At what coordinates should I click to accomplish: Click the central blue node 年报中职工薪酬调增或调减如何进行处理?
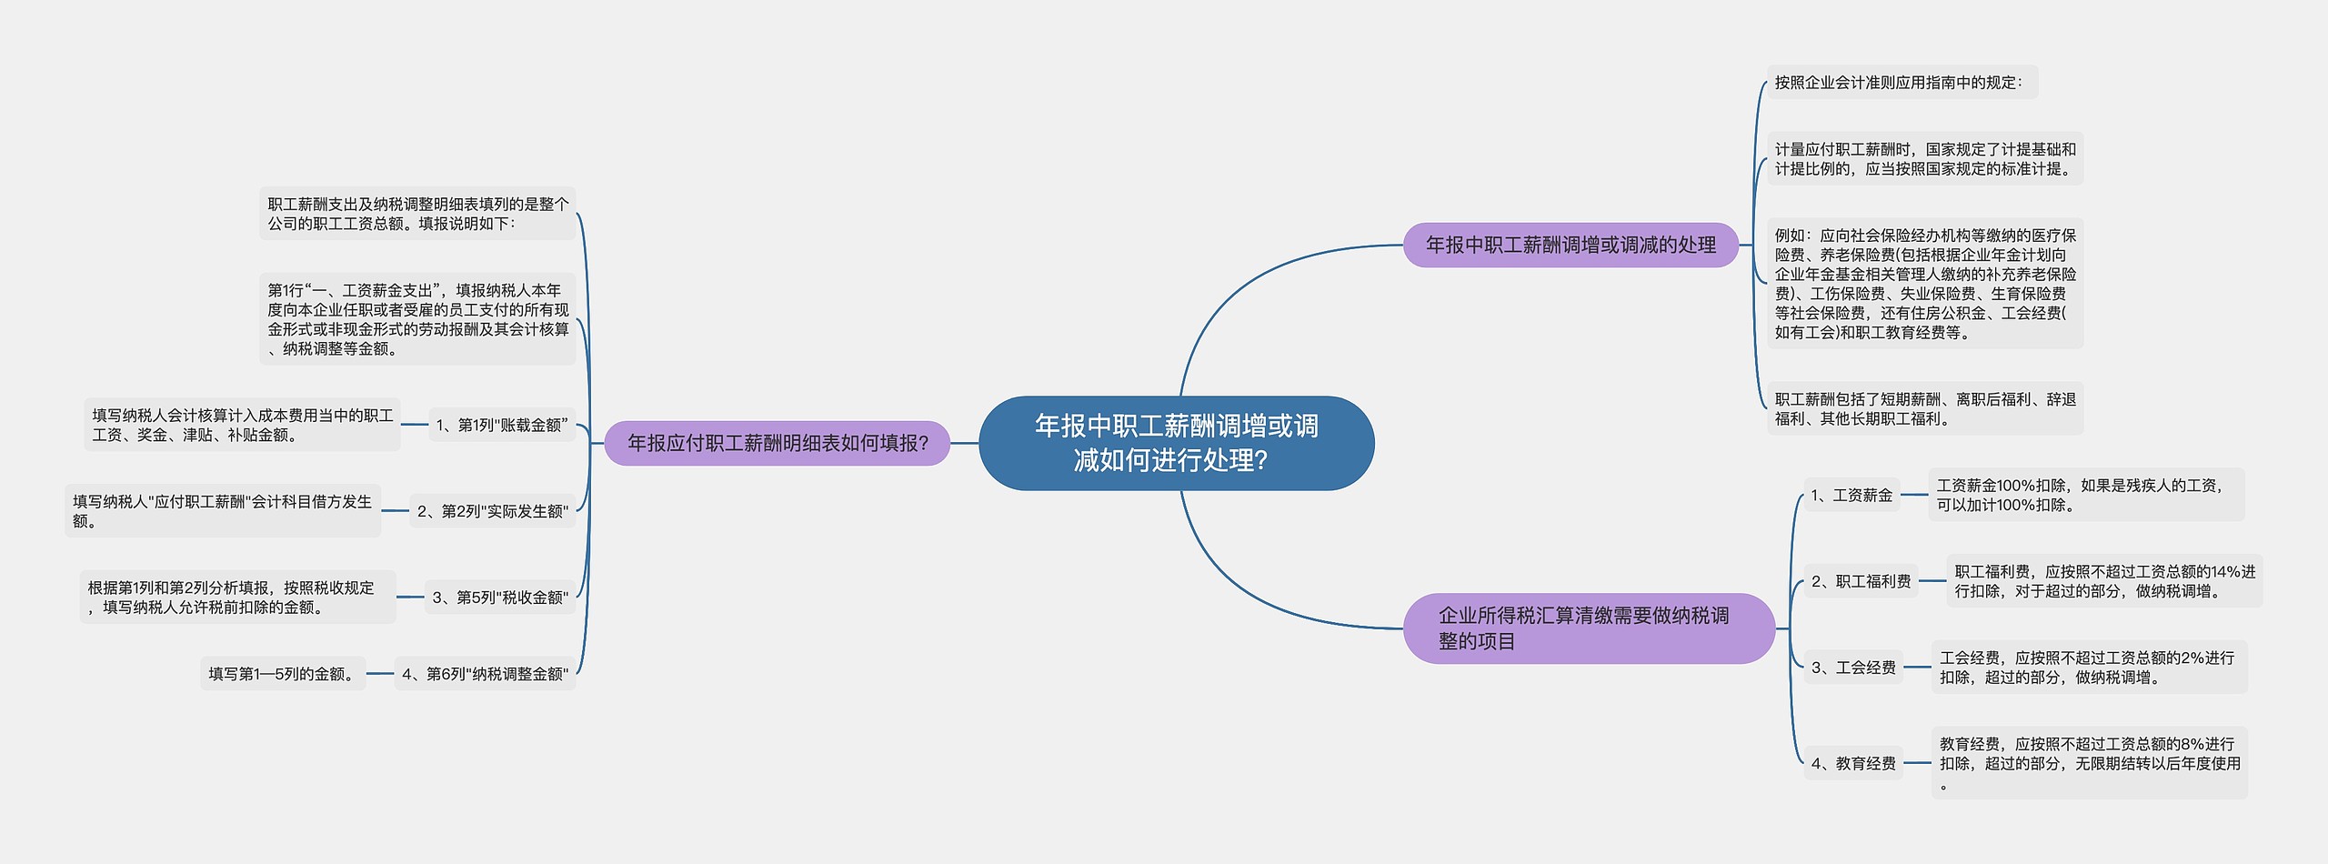pyautogui.click(x=1176, y=443)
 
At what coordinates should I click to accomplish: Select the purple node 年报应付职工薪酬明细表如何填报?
pyautogui.click(x=778, y=443)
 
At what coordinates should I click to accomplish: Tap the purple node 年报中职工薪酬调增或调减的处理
pyautogui.click(x=1570, y=245)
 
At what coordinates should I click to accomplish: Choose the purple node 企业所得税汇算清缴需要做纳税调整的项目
pyautogui.click(x=1589, y=628)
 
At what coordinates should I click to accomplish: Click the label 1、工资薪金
pyautogui.click(x=1851, y=496)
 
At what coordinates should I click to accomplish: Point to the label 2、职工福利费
pyautogui.click(x=1861, y=581)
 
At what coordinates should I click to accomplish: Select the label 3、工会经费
pyautogui.click(x=1853, y=668)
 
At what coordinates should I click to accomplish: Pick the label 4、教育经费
pyautogui.click(x=1853, y=763)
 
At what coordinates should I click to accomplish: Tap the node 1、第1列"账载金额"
pyautogui.click(x=502, y=425)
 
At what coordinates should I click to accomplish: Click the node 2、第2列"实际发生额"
pyautogui.click(x=492, y=511)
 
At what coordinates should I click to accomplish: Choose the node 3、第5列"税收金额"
pyautogui.click(x=500, y=597)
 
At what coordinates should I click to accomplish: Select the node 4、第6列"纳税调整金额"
pyautogui.click(x=485, y=674)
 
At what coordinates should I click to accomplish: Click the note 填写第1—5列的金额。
pyautogui.click(x=283, y=674)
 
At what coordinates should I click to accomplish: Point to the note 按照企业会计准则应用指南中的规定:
pyautogui.click(x=1902, y=82)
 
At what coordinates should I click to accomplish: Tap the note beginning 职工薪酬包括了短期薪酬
pyautogui.click(x=1925, y=408)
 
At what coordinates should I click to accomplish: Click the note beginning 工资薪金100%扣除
pyautogui.click(x=2086, y=495)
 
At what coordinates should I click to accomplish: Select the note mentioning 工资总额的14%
pyautogui.click(x=2104, y=581)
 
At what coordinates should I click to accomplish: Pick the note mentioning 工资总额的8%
pyautogui.click(x=2089, y=763)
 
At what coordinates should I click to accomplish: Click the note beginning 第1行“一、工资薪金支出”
pyautogui.click(x=417, y=319)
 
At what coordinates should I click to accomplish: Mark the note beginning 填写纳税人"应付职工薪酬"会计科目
pyautogui.click(x=223, y=511)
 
